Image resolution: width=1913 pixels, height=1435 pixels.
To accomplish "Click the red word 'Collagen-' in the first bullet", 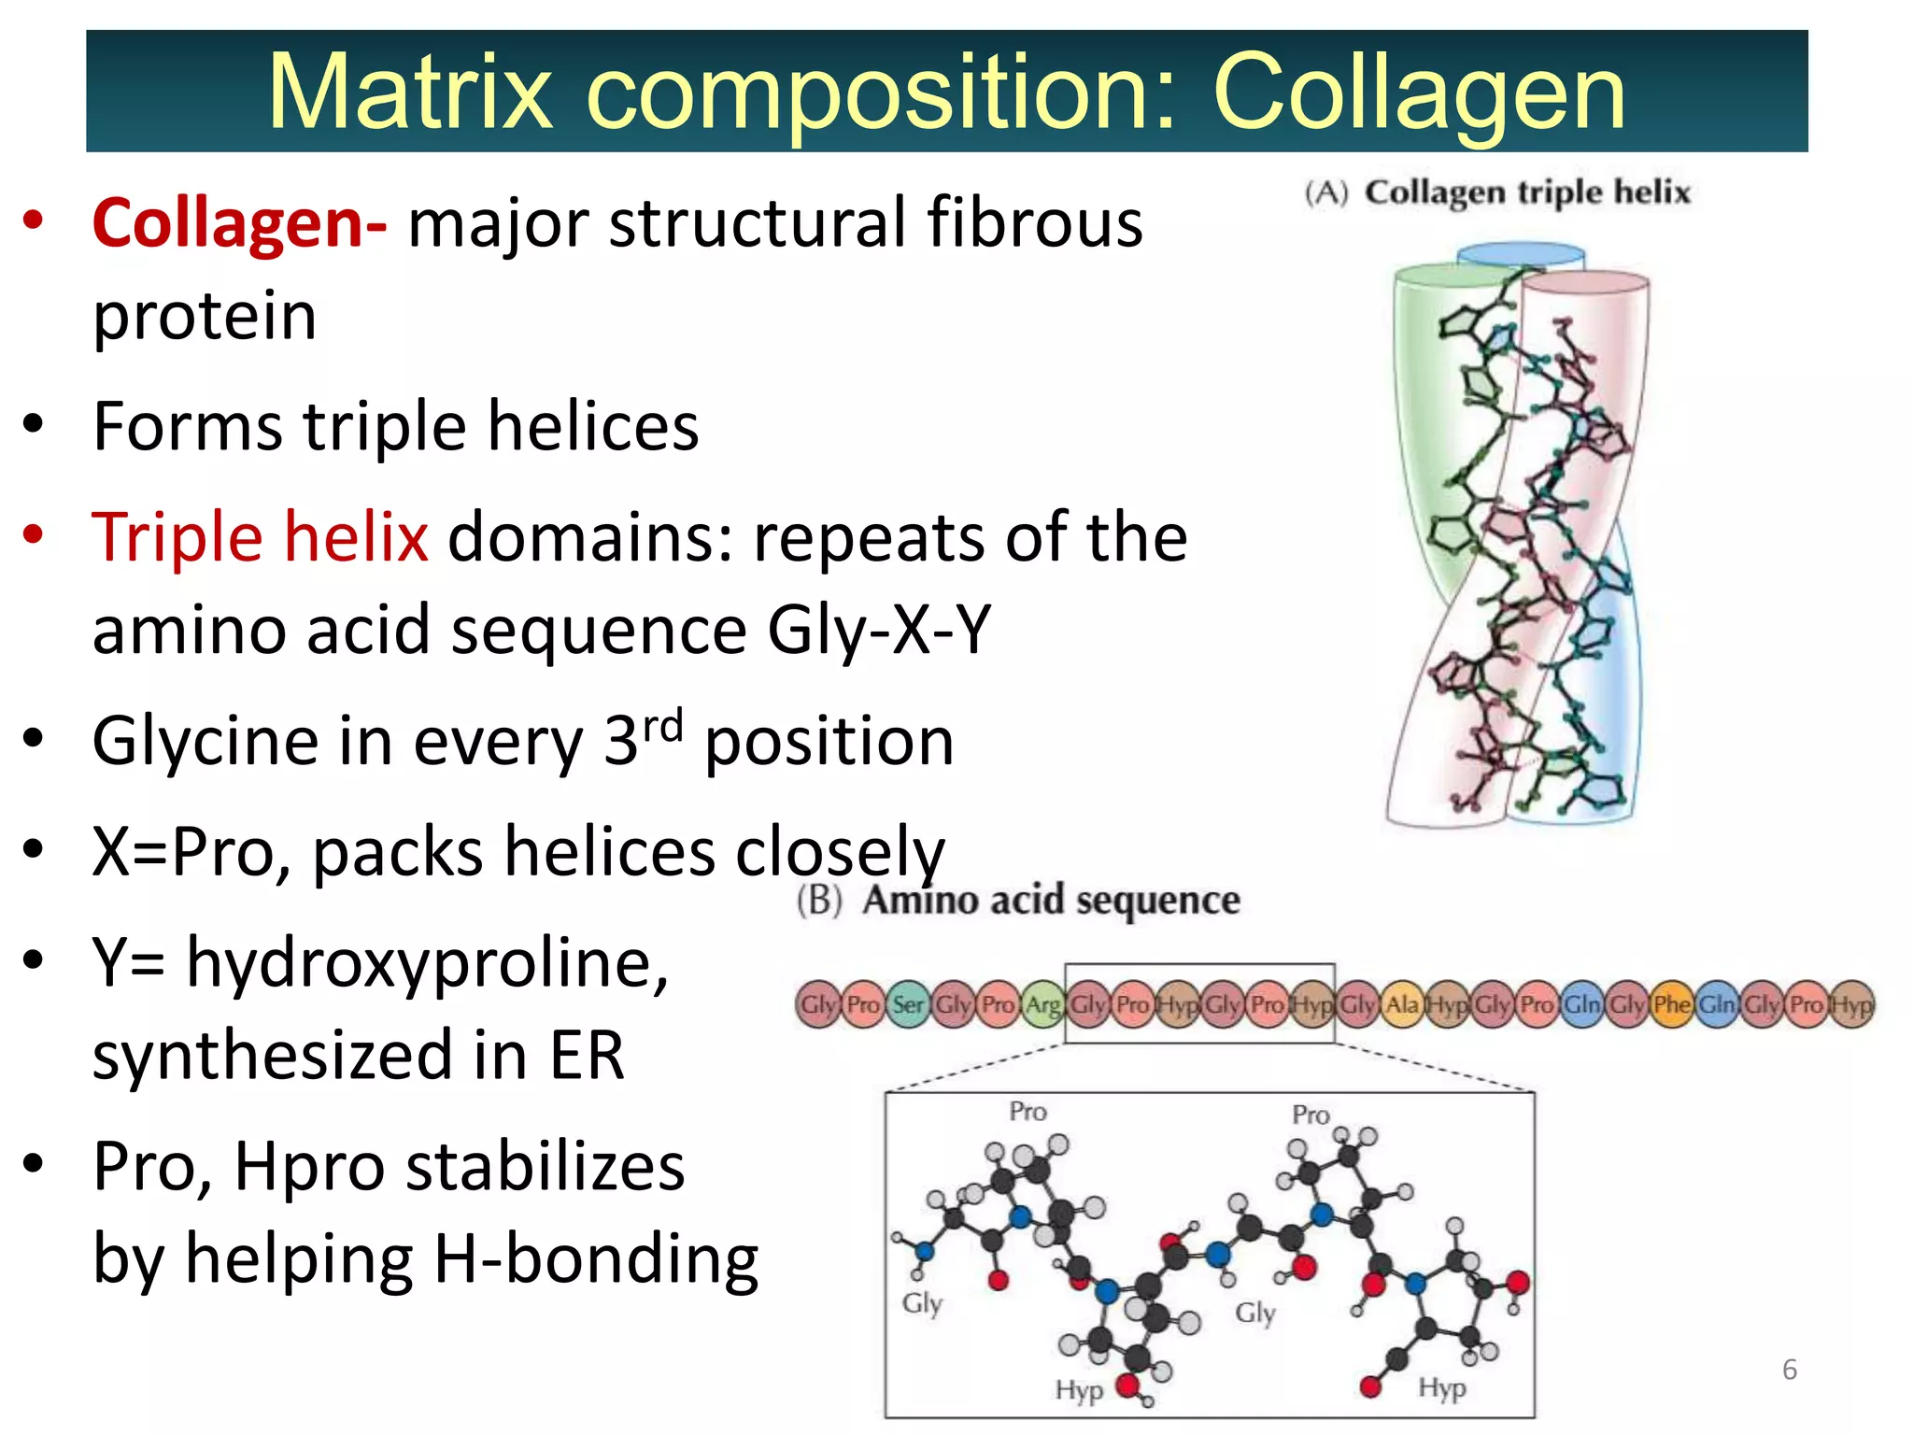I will click(239, 224).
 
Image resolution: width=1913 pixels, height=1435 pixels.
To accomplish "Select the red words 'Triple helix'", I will click(260, 538).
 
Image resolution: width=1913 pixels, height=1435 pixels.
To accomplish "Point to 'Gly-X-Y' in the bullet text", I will click(878, 630).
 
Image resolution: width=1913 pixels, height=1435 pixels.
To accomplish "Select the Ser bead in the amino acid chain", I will click(908, 1004).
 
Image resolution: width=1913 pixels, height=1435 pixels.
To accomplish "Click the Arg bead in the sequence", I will click(1042, 1004).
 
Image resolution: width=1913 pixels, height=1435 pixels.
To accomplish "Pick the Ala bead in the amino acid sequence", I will click(1402, 1004).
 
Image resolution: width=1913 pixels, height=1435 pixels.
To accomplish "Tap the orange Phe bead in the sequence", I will click(1671, 1004).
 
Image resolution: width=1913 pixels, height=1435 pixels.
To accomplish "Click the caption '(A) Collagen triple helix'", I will click(1497, 192).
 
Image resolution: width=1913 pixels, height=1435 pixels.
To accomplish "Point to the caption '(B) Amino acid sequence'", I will click(1018, 900).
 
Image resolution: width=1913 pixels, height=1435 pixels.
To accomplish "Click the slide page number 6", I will click(1789, 1370).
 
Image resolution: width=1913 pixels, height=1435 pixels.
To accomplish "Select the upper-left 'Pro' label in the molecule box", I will click(1027, 1112).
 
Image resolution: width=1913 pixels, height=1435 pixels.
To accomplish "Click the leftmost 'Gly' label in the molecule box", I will click(922, 1302).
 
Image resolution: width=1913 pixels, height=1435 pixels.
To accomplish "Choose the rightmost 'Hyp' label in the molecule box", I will click(1441, 1388).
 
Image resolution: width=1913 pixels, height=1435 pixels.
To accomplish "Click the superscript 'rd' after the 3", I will click(663, 725).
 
